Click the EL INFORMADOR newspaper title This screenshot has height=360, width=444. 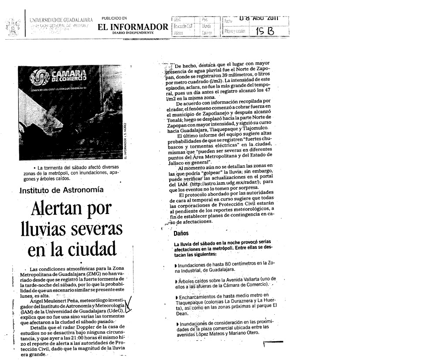pyautogui.click(x=133, y=27)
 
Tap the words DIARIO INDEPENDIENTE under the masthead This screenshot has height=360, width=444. pyautogui.click(x=133, y=33)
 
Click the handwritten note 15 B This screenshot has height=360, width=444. pyautogui.click(x=264, y=32)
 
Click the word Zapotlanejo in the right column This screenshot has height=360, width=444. pyautogui.click(x=218, y=112)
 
